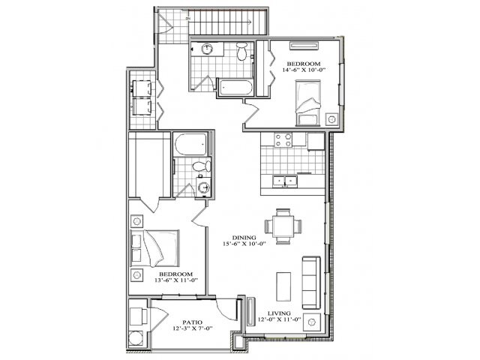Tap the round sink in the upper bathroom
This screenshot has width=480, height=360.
[x=207, y=49]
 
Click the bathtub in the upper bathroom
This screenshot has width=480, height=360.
[x=235, y=88]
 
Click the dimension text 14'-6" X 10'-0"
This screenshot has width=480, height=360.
[x=303, y=69]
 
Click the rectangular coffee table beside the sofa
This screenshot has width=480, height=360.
[x=283, y=288]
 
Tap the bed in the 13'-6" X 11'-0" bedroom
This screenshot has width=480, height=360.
[x=158, y=248]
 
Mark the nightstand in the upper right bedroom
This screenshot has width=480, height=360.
[x=331, y=118]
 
